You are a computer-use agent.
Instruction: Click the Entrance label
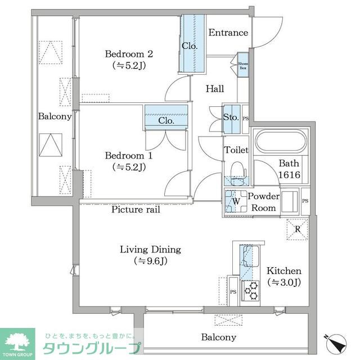pos(228,33)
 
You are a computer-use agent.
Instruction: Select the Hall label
pos(214,89)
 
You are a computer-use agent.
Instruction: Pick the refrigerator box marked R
pos(298,228)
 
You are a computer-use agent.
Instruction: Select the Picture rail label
pos(135,210)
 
